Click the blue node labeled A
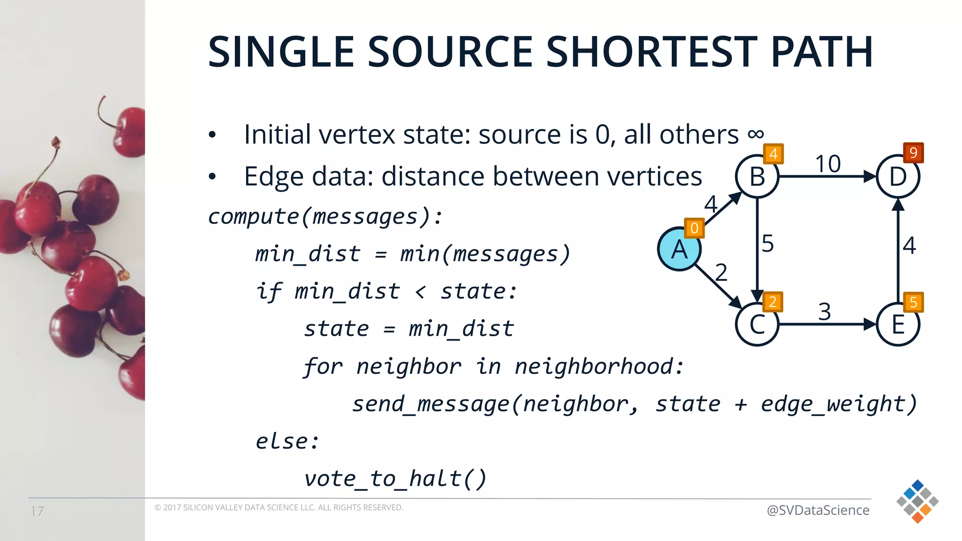[x=679, y=249]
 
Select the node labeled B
[x=757, y=177]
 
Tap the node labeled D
[x=898, y=177]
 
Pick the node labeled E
[x=898, y=325]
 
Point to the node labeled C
[x=757, y=325]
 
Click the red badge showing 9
[x=913, y=153]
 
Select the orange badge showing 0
[x=694, y=228]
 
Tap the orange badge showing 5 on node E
[x=913, y=302]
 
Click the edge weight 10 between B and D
[x=828, y=164]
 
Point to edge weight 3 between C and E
[x=824, y=311]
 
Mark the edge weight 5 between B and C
[x=768, y=243]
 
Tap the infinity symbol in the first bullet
[x=755, y=135]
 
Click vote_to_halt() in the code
[x=395, y=479]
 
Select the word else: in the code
[x=287, y=441]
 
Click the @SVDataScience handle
[x=817, y=510]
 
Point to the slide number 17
[x=38, y=511]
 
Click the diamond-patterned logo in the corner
[x=917, y=501]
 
